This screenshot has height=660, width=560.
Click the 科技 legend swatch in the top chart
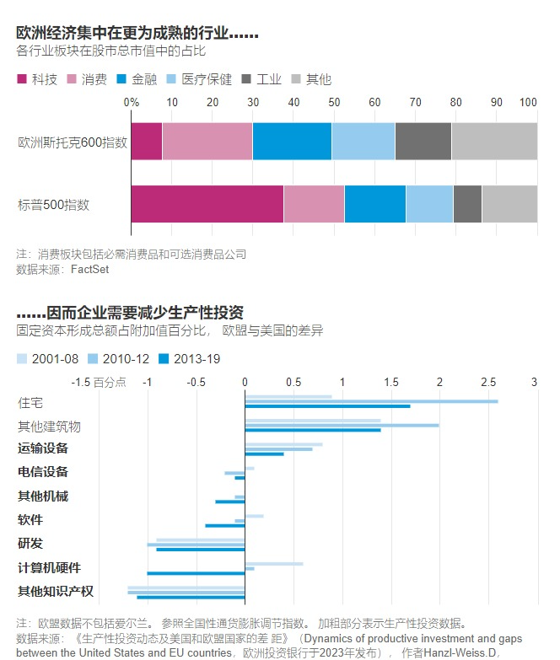click(22, 79)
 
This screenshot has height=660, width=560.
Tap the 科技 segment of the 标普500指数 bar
click(207, 204)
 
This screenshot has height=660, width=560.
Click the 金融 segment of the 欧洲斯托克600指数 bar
click(292, 142)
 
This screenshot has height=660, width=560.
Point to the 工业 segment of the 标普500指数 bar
click(467, 204)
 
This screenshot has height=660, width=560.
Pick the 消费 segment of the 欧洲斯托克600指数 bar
click(207, 142)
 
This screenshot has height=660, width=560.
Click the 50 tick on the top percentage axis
click(334, 102)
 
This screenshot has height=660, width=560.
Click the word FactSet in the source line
click(89, 270)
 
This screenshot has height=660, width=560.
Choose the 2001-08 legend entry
click(53, 359)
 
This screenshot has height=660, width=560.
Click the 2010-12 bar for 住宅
click(371, 401)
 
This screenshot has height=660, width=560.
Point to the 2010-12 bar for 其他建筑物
click(342, 425)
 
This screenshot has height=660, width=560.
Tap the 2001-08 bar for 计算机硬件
click(274, 563)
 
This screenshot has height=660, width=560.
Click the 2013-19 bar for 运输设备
click(264, 454)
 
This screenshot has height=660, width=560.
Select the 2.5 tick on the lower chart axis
click(488, 382)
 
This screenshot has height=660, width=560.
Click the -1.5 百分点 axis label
click(99, 382)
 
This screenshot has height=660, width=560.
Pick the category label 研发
click(30, 543)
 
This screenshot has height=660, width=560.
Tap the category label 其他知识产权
click(55, 591)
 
